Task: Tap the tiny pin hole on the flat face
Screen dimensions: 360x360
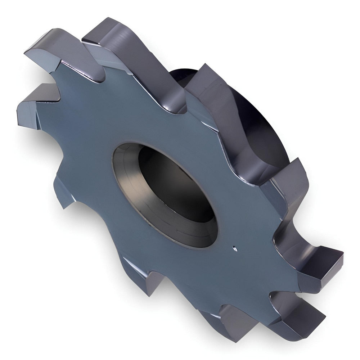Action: [234, 247]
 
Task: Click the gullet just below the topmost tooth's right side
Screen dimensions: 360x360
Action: [180, 104]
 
